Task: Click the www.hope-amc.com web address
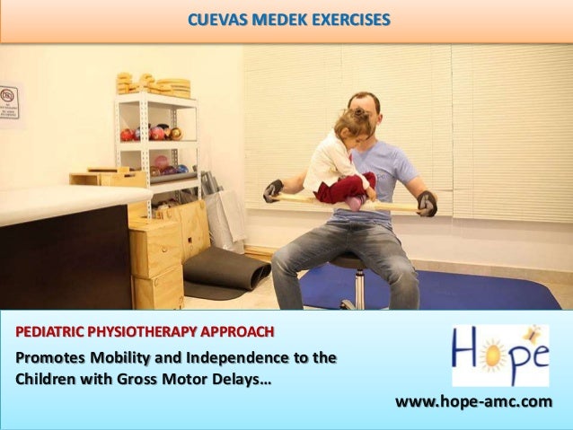[x=473, y=400]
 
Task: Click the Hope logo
[x=499, y=355]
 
